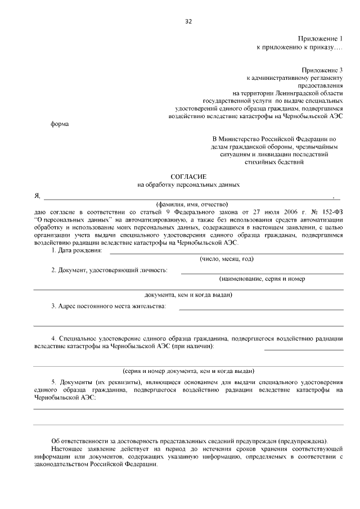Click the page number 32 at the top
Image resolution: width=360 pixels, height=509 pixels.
pos(188,21)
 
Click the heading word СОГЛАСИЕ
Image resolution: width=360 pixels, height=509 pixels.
pos(188,177)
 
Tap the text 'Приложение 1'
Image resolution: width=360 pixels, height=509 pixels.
pos(321,39)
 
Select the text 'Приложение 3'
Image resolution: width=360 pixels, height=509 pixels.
pos(321,69)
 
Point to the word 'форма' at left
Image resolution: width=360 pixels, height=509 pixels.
pos(60,124)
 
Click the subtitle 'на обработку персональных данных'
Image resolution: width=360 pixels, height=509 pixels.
pos(188,184)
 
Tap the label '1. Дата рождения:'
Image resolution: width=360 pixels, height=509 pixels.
pos(76,250)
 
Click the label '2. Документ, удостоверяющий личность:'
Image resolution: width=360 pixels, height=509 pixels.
pos(109,271)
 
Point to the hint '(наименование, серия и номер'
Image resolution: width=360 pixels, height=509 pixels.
pos(262,279)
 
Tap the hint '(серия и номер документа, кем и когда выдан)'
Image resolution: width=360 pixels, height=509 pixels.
pos(188,371)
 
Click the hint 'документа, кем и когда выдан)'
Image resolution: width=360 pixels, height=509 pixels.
pos(188,294)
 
